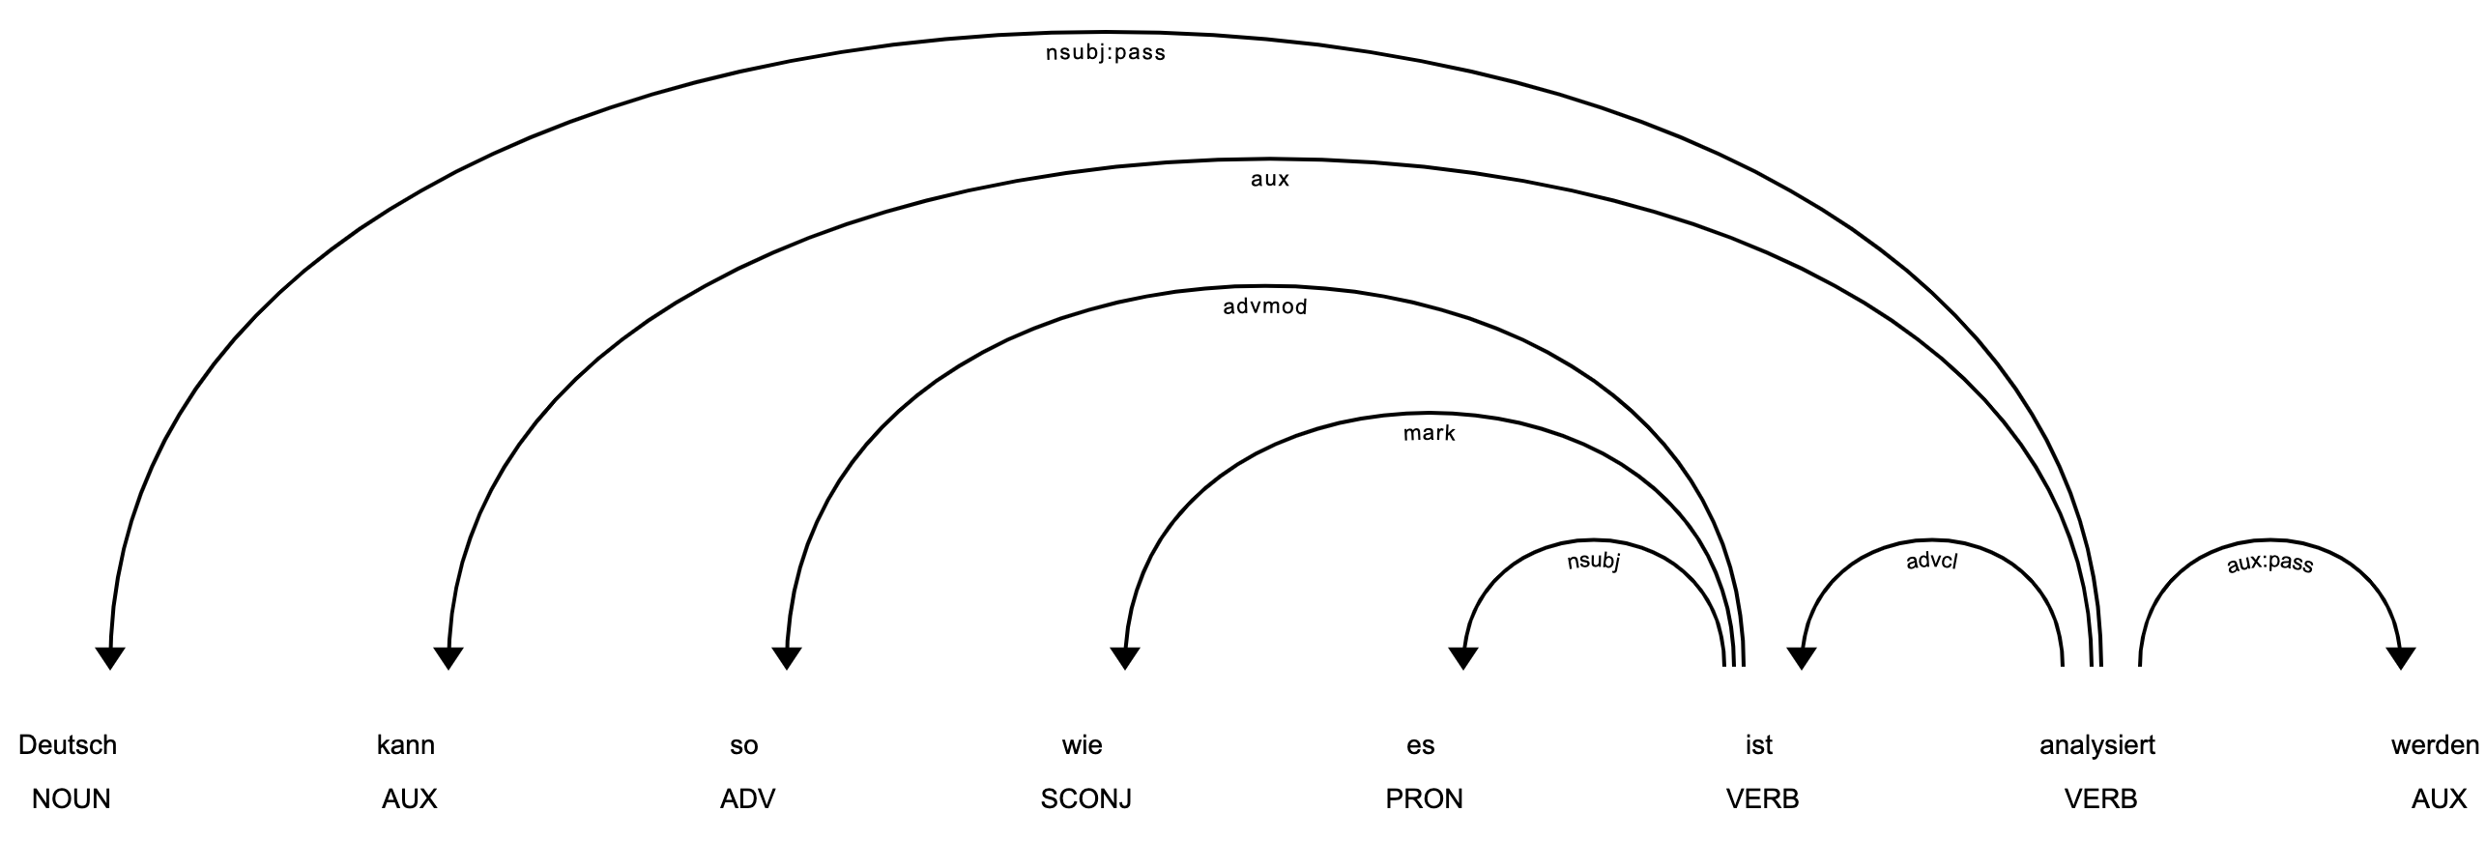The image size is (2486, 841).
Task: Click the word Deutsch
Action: pos(68,745)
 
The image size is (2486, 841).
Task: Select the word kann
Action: pos(406,745)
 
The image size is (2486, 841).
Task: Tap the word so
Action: pos(744,745)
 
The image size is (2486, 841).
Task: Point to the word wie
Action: pos(1083,745)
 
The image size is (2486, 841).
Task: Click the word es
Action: pos(1421,745)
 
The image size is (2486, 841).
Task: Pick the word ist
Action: pos(1759,745)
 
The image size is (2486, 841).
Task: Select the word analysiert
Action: pos(2097,745)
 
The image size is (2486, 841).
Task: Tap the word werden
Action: pos(2436,745)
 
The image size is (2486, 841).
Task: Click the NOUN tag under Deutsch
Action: pos(72,798)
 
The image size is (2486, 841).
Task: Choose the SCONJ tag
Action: pos(1086,798)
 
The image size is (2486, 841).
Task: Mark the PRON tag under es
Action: pos(1425,798)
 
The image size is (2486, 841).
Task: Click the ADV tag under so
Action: pos(748,798)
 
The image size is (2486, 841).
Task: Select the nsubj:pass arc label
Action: pos(1106,53)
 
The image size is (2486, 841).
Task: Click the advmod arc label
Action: pos(1265,307)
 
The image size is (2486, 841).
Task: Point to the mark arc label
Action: pos(1430,433)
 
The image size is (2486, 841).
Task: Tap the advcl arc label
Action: pos(1932,561)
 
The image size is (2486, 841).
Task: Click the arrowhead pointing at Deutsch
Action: pos(110,658)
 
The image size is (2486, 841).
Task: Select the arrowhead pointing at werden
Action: pos(2401,658)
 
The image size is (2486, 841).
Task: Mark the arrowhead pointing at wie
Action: pos(1125,658)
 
